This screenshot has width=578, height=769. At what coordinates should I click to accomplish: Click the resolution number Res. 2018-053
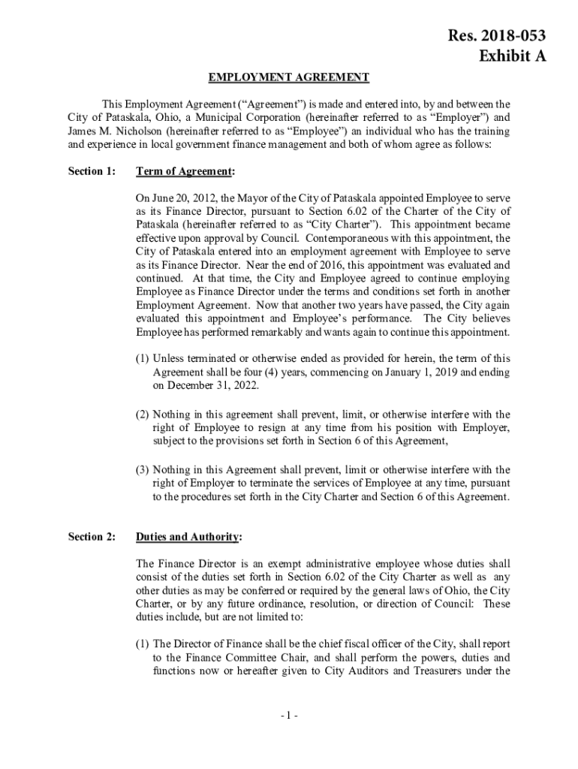click(x=497, y=35)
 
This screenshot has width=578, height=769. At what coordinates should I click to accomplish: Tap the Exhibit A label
click(x=512, y=56)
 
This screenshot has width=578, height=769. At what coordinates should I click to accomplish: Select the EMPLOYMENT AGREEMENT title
click(x=288, y=77)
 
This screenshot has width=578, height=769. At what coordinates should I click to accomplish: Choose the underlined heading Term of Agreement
click(x=185, y=171)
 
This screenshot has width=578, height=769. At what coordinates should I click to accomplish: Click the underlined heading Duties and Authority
click(x=188, y=536)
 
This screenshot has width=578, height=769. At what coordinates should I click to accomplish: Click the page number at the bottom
click(x=288, y=715)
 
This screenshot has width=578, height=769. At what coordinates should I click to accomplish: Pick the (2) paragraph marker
click(x=142, y=414)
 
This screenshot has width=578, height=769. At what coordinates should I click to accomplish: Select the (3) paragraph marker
click(x=142, y=470)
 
